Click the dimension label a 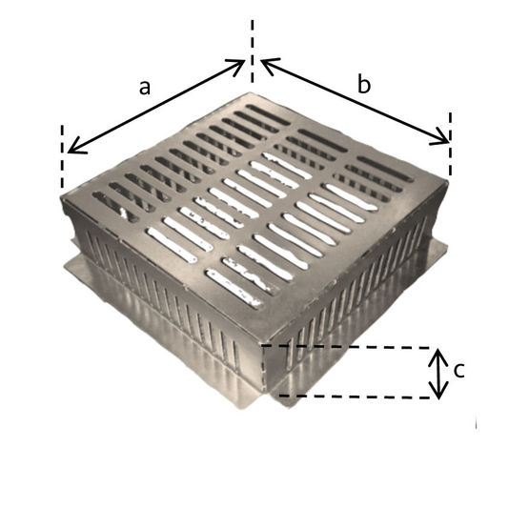(145, 88)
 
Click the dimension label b (364, 84)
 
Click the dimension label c (459, 371)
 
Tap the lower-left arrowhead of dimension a (74, 148)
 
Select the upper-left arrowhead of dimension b (267, 64)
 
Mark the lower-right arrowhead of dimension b (442, 139)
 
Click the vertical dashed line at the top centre (252, 51)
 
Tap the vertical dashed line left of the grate (62, 156)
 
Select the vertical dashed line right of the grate (451, 144)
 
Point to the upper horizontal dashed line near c (346, 347)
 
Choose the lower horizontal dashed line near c (355, 397)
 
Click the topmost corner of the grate (251, 92)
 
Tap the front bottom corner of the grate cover (262, 341)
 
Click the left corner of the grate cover (62, 196)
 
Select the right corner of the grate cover (448, 182)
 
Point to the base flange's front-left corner (66, 267)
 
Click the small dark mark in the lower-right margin (476, 424)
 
